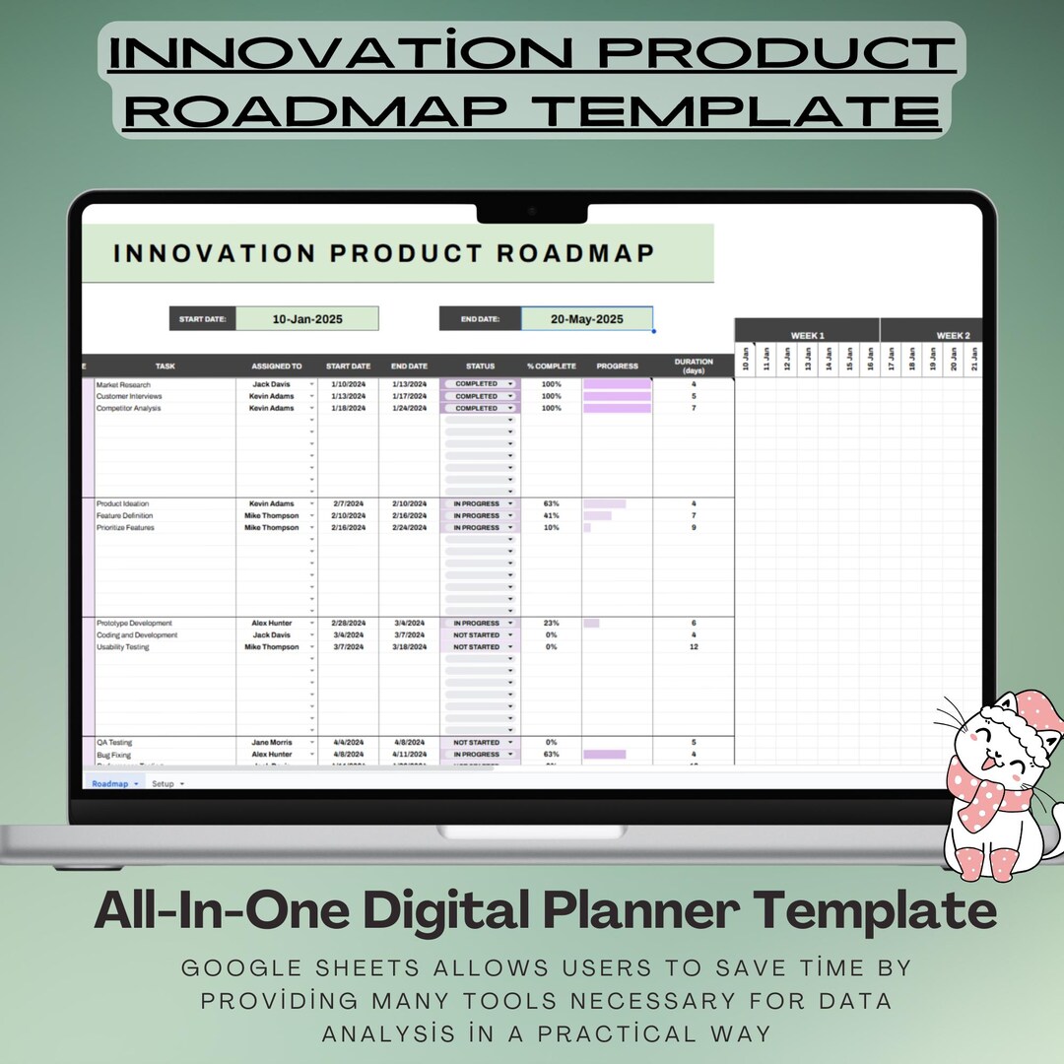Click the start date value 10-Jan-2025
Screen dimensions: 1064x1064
pyautogui.click(x=305, y=319)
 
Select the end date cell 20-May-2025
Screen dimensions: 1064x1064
pyautogui.click(x=586, y=319)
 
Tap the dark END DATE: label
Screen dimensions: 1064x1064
pyautogui.click(x=480, y=319)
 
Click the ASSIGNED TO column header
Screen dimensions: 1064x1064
pyautogui.click(x=276, y=366)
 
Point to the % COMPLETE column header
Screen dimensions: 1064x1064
pyautogui.click(x=551, y=366)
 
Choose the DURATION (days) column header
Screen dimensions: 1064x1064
pyautogui.click(x=694, y=366)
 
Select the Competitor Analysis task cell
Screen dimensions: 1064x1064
pyautogui.click(x=128, y=408)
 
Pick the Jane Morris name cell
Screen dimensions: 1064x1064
pyautogui.click(x=273, y=743)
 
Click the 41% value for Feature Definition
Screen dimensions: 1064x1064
pyautogui.click(x=551, y=515)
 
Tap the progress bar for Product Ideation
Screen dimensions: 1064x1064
pyautogui.click(x=604, y=503)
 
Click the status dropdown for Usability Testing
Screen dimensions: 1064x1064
pyautogui.click(x=480, y=647)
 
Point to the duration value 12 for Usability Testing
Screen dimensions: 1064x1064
pyautogui.click(x=694, y=647)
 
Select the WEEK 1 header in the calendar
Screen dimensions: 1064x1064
pyautogui.click(x=807, y=336)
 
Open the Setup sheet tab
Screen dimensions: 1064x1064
pyautogui.click(x=163, y=784)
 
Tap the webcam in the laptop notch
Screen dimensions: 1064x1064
pyautogui.click(x=531, y=211)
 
